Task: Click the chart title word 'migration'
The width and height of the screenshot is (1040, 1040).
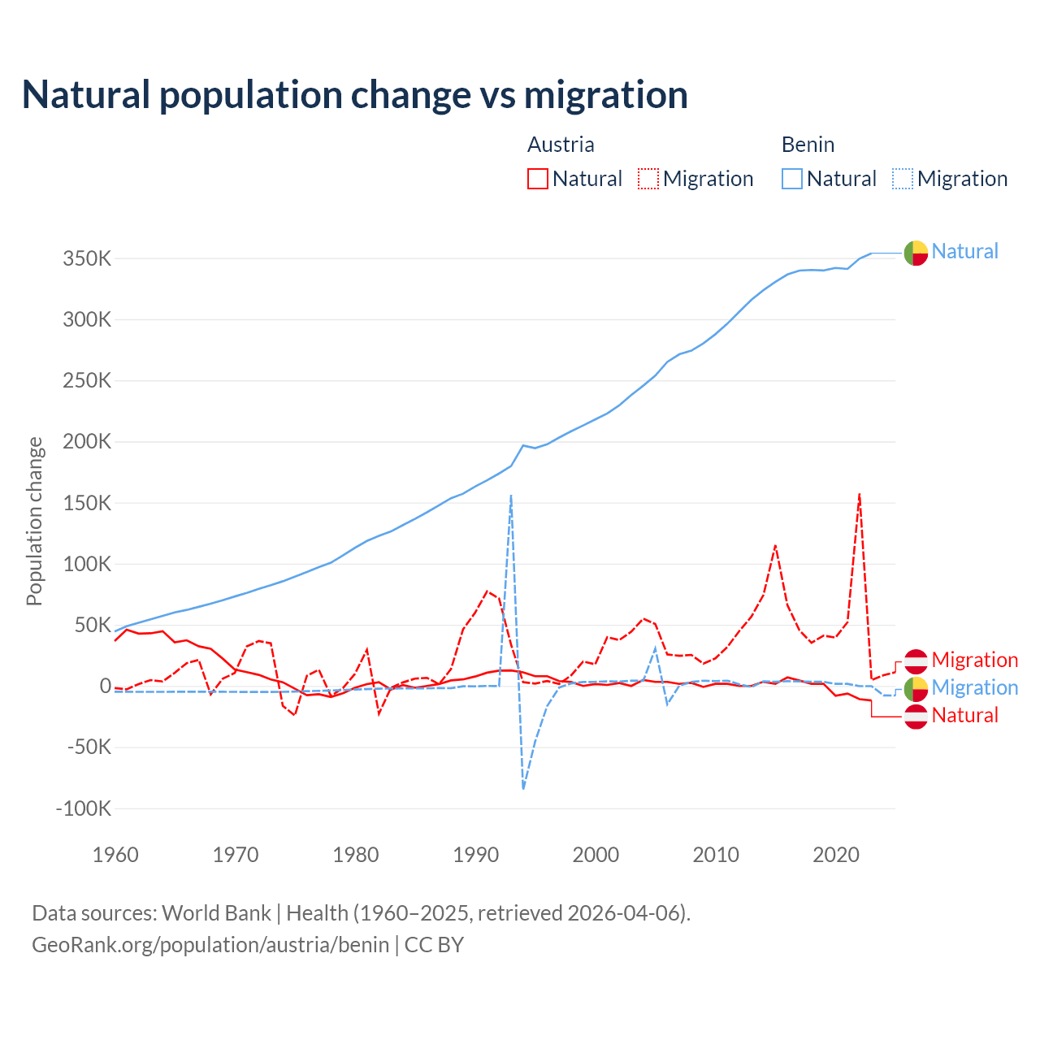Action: [x=606, y=95]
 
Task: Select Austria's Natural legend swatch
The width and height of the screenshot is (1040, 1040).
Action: [x=537, y=179]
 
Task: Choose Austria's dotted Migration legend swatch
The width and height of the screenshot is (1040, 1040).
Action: [x=648, y=179]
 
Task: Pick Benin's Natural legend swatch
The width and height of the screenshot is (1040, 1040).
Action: [x=792, y=179]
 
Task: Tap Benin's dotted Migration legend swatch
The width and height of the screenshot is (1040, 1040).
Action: [x=903, y=179]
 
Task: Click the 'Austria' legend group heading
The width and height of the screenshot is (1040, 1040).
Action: [x=561, y=145]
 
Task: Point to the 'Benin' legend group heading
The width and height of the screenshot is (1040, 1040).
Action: [x=808, y=145]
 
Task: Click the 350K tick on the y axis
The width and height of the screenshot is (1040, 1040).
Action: [x=87, y=259]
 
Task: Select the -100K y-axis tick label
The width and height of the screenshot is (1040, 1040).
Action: [x=84, y=808]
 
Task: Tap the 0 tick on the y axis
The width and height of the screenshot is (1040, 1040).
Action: [x=105, y=686]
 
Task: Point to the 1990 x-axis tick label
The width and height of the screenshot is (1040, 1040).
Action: [x=476, y=855]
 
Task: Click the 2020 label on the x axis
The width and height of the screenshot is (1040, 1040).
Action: [x=836, y=855]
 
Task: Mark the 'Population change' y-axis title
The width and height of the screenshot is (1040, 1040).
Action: [x=34, y=521]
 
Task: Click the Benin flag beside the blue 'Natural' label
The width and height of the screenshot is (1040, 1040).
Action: [x=916, y=253]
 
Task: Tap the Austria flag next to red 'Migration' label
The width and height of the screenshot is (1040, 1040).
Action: [x=916, y=661]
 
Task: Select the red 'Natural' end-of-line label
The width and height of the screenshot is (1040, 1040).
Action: [x=964, y=715]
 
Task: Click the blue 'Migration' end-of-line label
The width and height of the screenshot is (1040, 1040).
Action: [x=974, y=687]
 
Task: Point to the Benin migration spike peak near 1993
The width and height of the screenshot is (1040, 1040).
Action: [x=511, y=495]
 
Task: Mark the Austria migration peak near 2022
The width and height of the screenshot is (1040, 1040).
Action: [x=860, y=493]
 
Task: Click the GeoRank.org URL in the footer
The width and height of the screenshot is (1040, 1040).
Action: [x=210, y=945]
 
